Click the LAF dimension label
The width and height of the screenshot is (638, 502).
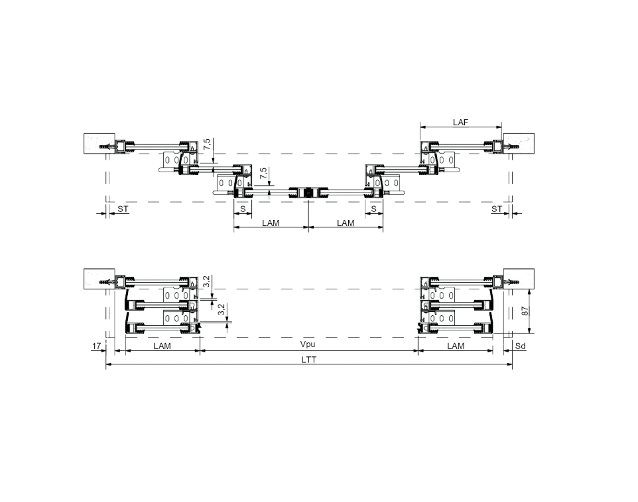460,122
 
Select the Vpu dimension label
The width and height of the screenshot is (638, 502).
308,344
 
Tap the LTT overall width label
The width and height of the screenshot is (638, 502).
309,360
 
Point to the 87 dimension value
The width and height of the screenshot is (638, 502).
525,311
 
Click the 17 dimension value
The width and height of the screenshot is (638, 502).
96,346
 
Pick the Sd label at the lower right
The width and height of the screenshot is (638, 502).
521,346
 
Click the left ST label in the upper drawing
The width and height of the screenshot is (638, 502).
123,209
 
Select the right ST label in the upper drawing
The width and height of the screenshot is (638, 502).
496,209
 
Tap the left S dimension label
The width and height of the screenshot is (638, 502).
243,209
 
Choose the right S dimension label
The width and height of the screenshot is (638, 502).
374,209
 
